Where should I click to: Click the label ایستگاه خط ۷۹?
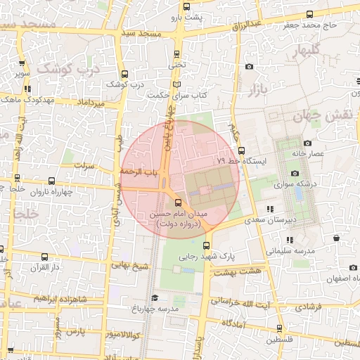click(243, 161)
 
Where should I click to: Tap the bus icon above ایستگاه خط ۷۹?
click(241, 150)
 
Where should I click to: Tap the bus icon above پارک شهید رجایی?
click(206, 245)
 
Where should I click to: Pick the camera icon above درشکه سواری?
click(294, 173)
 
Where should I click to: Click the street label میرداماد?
click(92, 103)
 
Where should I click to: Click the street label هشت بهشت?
click(239, 271)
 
